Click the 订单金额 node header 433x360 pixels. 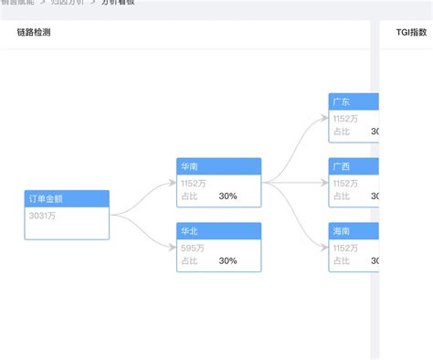point(66,198)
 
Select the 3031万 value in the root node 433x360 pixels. point(43,216)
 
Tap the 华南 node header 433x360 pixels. point(218,166)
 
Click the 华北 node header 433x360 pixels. point(218,231)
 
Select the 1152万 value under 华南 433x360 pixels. point(193,183)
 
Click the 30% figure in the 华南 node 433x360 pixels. point(227,196)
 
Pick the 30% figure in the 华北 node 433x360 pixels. point(227,260)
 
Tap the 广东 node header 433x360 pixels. point(354,101)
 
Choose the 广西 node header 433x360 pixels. point(354,166)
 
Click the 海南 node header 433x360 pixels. point(354,232)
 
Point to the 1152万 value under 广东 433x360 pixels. point(345,118)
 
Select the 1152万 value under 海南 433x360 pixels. point(345,248)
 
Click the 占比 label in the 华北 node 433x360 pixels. point(189,260)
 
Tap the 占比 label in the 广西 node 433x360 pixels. point(341,196)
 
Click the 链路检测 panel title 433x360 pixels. point(34,33)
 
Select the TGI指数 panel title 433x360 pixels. point(411,33)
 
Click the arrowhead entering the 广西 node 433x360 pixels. point(326,182)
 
